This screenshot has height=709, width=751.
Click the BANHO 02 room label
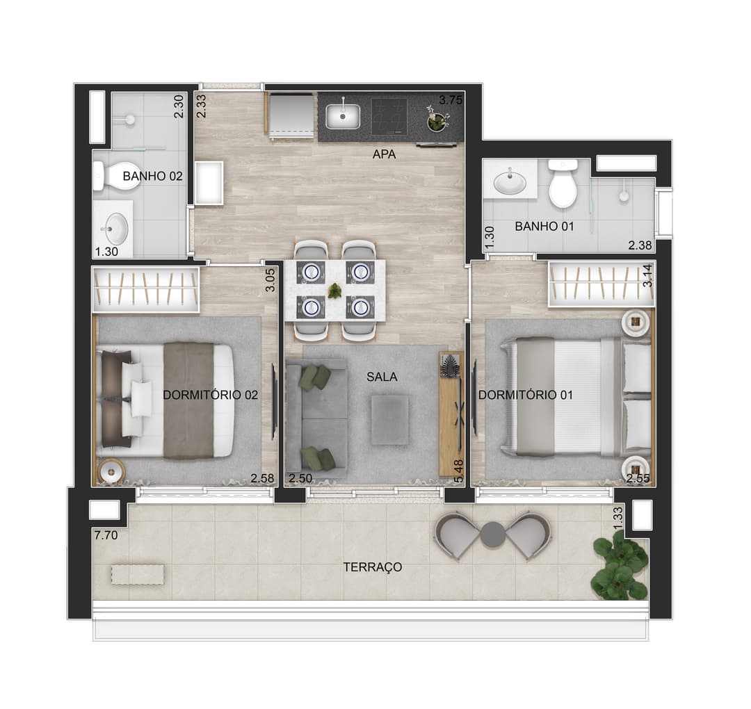point(152,176)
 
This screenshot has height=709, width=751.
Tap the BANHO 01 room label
point(544,226)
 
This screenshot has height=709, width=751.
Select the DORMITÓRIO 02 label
point(210,395)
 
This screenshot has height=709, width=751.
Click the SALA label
point(382,377)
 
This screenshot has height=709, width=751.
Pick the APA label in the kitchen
point(384,154)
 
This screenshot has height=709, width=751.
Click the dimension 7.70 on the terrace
point(106,535)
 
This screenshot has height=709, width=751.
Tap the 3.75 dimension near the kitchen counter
point(451,101)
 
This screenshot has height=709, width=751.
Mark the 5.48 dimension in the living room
point(458,471)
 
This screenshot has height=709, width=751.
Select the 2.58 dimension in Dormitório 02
point(262,478)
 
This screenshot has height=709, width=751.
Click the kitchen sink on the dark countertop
point(343,116)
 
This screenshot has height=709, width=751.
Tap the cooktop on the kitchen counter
point(389,116)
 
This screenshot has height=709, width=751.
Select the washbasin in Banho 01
point(510,182)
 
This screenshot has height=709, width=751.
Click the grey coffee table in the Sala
point(390,419)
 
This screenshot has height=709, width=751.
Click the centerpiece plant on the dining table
point(334,290)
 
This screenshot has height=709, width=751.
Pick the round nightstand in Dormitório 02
point(111,471)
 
